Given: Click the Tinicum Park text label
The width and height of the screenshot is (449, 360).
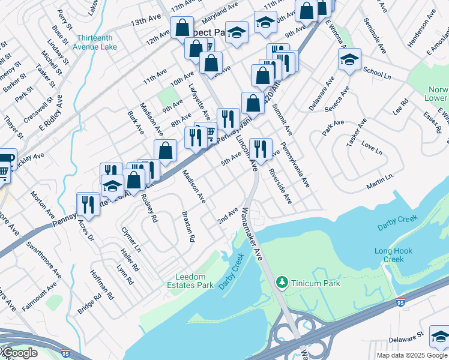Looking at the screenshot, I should pos(316,283).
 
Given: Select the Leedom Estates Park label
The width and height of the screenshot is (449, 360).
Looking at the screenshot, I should pos(194,281).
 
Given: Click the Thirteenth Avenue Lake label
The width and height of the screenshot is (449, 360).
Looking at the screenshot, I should pos(95,41).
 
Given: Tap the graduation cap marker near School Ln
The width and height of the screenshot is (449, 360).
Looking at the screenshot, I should pos(349,60).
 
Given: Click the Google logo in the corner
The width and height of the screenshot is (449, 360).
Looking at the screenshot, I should pos(19,353).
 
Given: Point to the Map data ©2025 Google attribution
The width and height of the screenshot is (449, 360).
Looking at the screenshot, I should pos(412,355).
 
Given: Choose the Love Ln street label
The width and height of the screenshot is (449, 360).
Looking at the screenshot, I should pos(372,148).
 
